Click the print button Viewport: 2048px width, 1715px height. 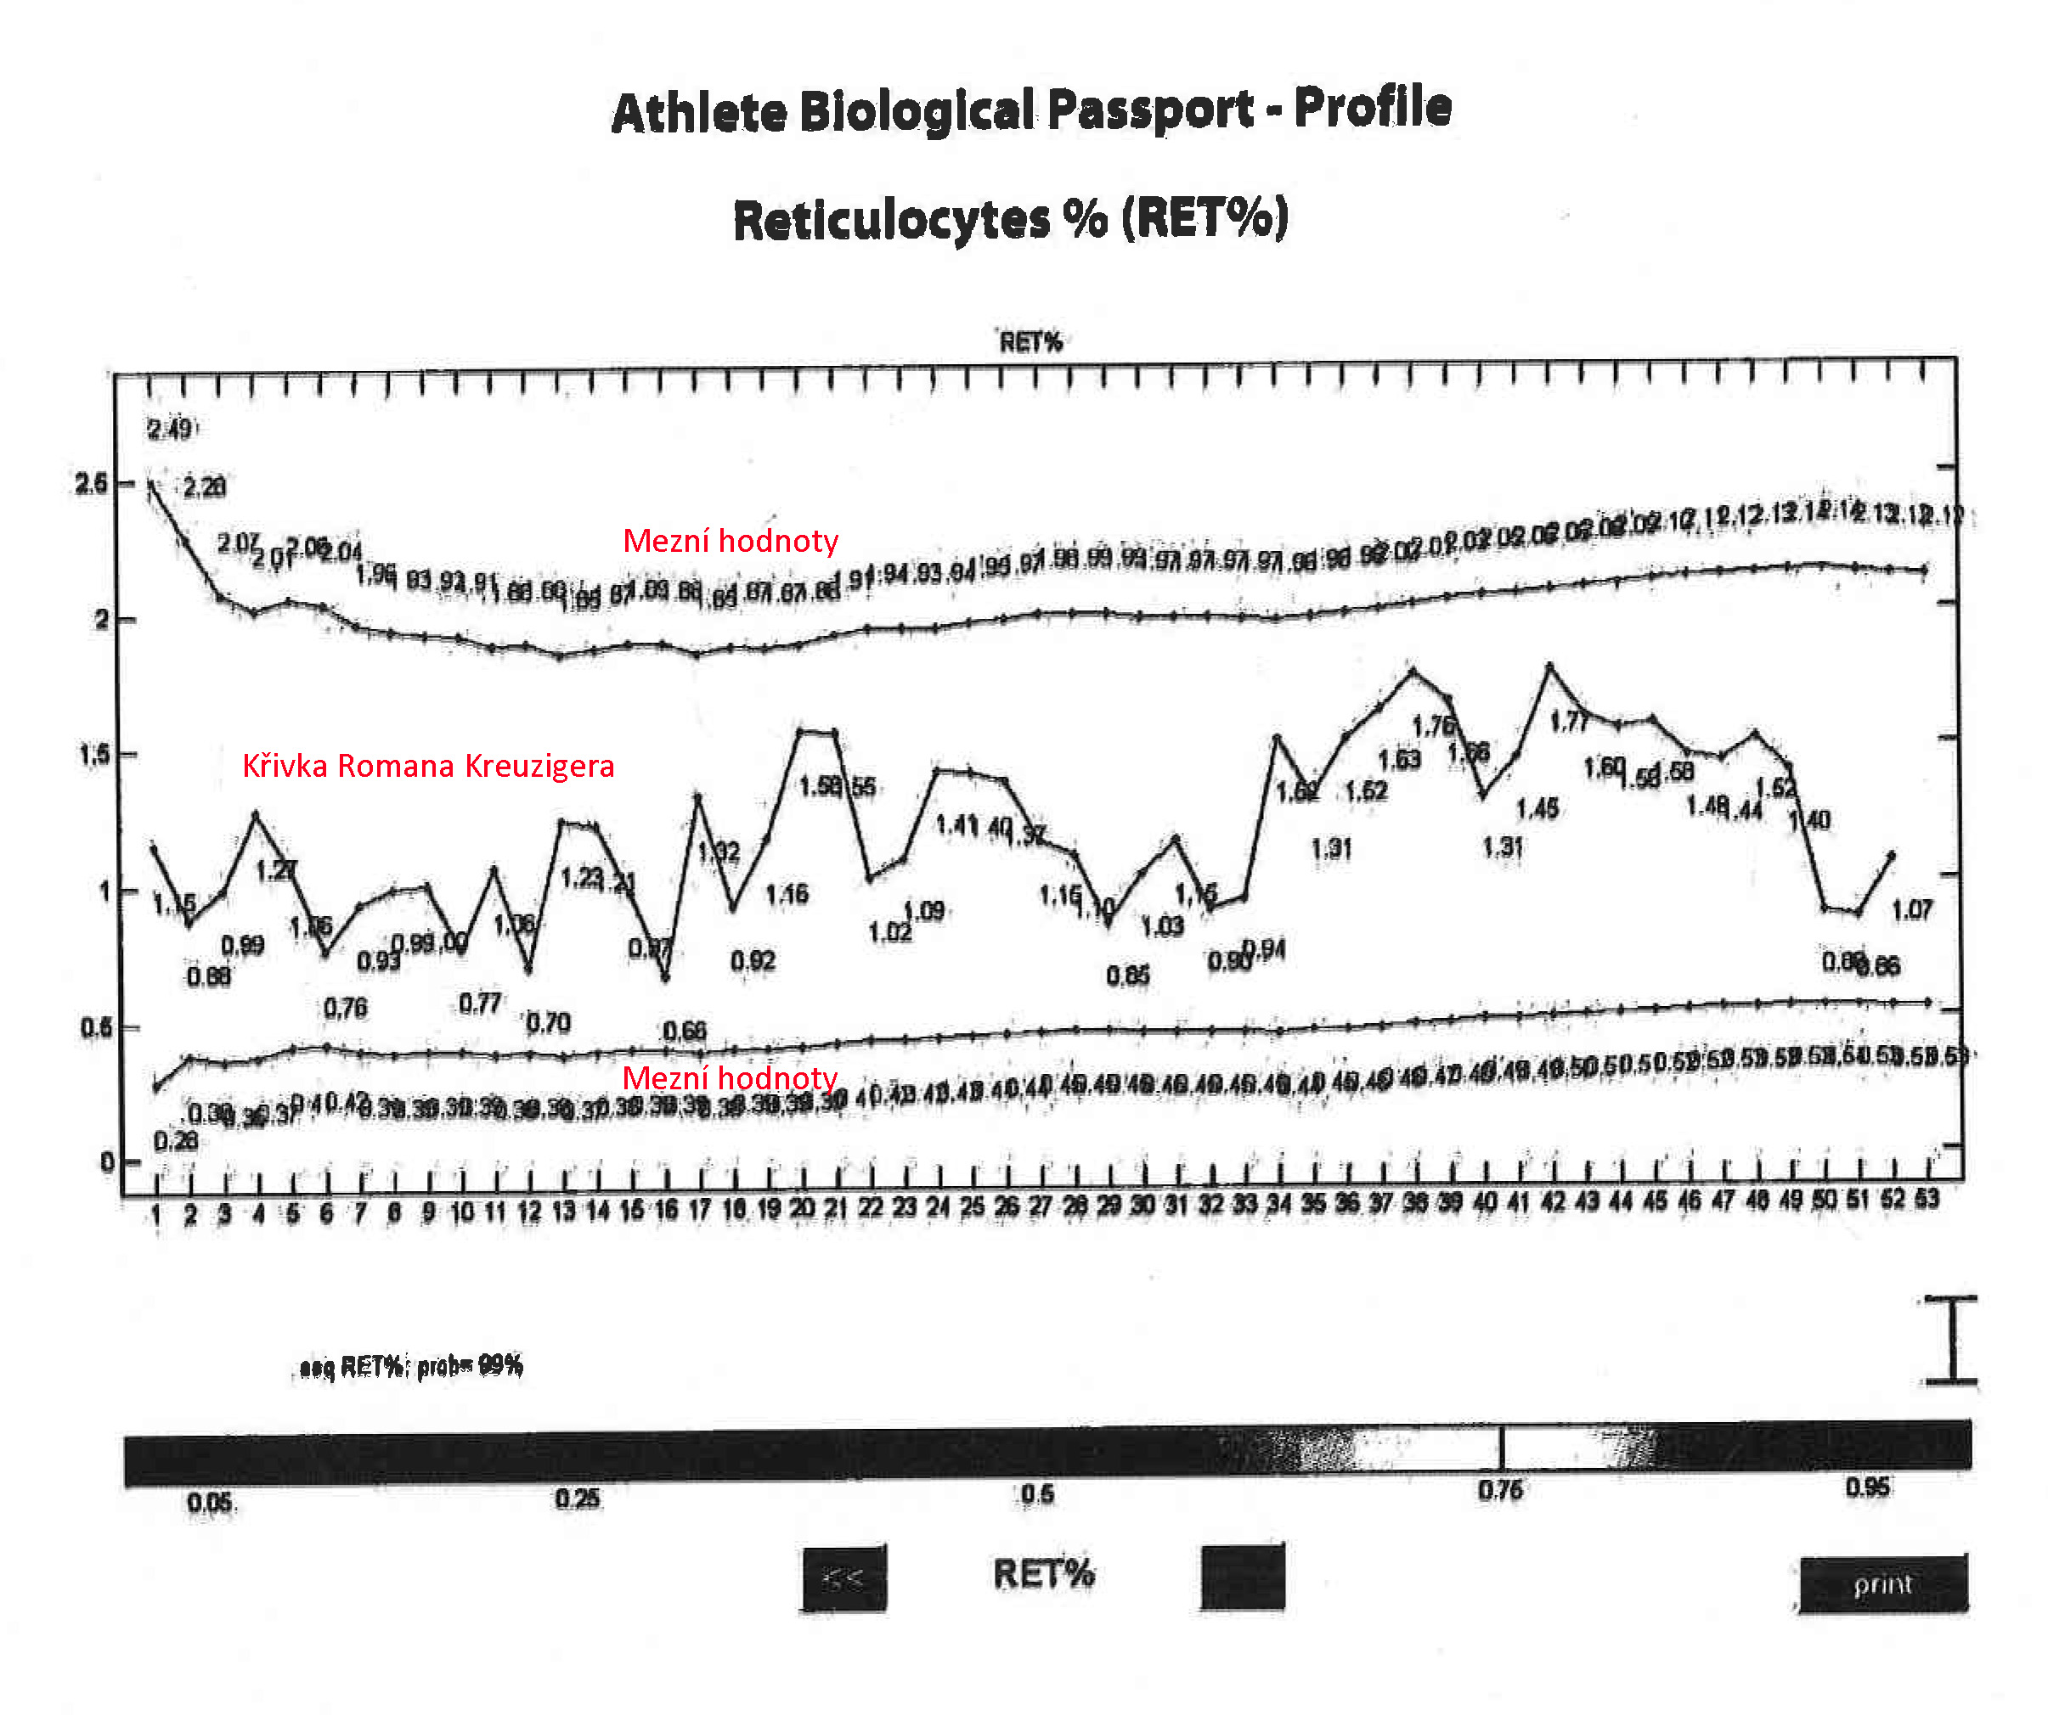1882,1584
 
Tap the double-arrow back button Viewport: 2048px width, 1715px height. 843,1577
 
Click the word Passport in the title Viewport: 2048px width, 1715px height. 1150,110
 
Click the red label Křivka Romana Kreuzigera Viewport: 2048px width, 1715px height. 428,767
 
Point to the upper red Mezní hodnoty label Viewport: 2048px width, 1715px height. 731,541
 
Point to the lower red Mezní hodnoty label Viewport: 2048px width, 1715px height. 730,1077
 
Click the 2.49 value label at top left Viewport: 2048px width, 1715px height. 170,429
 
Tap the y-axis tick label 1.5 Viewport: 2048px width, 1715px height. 93,756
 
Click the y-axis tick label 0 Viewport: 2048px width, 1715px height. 106,1162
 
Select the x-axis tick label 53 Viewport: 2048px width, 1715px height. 1926,1200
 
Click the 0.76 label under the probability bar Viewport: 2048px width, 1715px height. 1500,1490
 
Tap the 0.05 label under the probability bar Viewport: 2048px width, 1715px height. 211,1503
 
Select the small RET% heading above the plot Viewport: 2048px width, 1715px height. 1031,342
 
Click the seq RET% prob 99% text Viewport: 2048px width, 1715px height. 410,1366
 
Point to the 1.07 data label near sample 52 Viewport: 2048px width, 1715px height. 1911,911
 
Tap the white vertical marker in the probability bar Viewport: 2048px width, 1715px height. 1502,1448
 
